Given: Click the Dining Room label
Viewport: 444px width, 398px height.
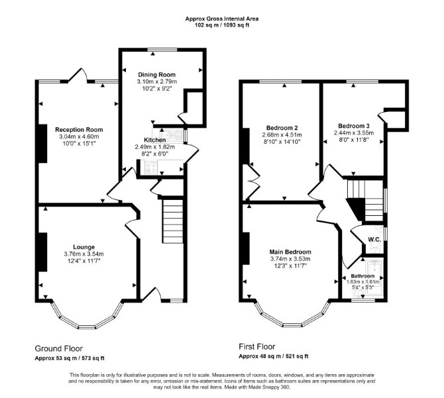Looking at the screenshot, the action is (x=156, y=75).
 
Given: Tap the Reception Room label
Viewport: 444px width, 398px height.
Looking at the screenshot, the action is (x=79, y=130).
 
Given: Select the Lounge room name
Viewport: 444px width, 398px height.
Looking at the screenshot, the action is (x=83, y=247).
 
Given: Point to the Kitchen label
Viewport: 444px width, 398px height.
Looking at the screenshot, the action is (x=155, y=140).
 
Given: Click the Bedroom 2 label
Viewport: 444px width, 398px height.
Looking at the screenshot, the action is (x=282, y=128).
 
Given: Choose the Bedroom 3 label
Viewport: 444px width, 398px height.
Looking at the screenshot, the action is (x=354, y=126).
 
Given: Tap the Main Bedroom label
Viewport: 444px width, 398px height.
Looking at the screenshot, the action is (x=290, y=252).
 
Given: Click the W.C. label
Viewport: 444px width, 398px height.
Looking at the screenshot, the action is (x=374, y=239).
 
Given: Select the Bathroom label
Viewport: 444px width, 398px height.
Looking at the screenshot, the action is (x=362, y=275).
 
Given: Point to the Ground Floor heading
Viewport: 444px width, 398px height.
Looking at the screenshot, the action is (x=58, y=348).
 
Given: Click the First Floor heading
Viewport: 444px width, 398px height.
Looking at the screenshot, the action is (x=257, y=346).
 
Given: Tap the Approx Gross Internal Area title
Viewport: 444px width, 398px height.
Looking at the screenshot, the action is (x=222, y=19).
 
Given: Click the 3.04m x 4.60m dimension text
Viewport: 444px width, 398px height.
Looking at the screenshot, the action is (x=79, y=136).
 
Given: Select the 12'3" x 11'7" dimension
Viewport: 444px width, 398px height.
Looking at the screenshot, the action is (x=290, y=266).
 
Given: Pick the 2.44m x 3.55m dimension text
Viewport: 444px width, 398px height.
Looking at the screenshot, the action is (x=354, y=133).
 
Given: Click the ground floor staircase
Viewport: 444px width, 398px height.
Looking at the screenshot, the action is (x=173, y=221).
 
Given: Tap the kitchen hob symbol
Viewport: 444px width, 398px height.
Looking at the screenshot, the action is (x=151, y=168).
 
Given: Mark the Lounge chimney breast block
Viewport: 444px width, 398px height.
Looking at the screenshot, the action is (x=43, y=252).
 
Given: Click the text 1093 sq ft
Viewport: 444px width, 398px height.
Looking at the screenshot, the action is (x=237, y=25).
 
